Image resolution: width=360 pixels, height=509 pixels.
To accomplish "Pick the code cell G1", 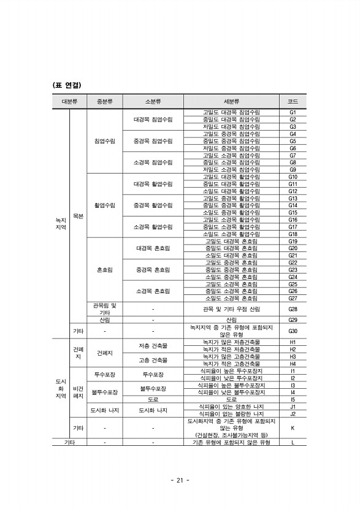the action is (293, 113).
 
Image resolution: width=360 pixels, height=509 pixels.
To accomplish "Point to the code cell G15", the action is (293, 212).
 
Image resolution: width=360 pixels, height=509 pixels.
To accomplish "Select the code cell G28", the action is (293, 309).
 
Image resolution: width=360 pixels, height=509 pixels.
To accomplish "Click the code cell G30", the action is (293, 331).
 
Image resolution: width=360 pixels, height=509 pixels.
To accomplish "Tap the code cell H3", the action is (293, 356).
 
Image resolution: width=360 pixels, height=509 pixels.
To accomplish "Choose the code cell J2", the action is (293, 414).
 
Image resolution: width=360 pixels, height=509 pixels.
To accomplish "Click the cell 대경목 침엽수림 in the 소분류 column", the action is (153, 120).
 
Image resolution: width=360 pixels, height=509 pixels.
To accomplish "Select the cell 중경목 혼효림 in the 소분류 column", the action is (153, 269).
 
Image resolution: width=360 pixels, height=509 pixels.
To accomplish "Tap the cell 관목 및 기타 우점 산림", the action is (231, 309).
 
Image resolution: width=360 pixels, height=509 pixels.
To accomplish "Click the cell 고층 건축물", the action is (153, 360).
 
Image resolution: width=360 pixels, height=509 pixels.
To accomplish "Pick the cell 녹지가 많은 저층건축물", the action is (231, 342).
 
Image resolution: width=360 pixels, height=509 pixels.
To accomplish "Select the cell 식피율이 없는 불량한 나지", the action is (231, 414).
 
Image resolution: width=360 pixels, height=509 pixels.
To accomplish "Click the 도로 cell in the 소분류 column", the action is (153, 399).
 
